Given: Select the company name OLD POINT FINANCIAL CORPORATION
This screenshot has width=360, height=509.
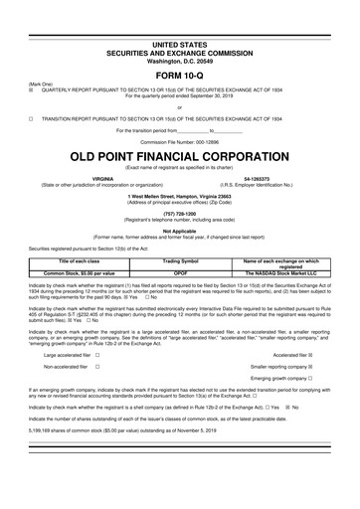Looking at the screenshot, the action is coord(179,157).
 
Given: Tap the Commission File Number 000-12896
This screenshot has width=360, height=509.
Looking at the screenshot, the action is coord(179,142).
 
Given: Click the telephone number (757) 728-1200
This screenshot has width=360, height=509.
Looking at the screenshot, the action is coord(179,212).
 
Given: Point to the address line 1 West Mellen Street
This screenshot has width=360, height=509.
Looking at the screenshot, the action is coord(179,195).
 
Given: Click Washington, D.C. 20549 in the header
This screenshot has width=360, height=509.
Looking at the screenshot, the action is coord(179,33).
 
